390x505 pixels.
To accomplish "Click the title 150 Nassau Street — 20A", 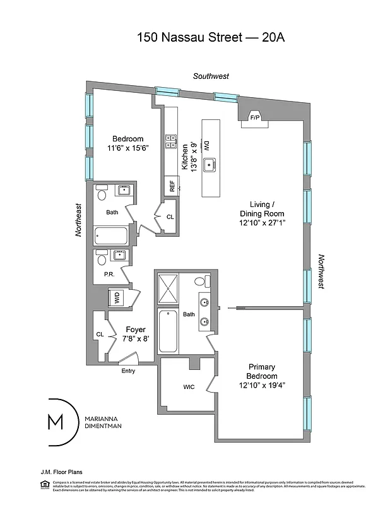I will [211, 37].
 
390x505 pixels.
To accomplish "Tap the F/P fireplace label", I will [255, 117].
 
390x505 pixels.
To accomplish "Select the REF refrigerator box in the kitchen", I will [170, 186].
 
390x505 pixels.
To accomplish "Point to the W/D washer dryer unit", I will [117, 298].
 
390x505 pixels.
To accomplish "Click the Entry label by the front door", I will [128, 371].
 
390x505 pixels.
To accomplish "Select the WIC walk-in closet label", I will [189, 386].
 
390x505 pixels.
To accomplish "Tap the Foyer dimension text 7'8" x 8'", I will [136, 339].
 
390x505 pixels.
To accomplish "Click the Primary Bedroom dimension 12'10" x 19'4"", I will [263, 385].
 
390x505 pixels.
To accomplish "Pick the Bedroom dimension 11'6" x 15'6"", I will [128, 149].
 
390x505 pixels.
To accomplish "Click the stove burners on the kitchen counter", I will [170, 142].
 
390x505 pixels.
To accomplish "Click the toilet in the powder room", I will [101, 258].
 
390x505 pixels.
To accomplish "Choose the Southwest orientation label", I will [211, 76].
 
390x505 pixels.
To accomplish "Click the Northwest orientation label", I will [321, 271].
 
